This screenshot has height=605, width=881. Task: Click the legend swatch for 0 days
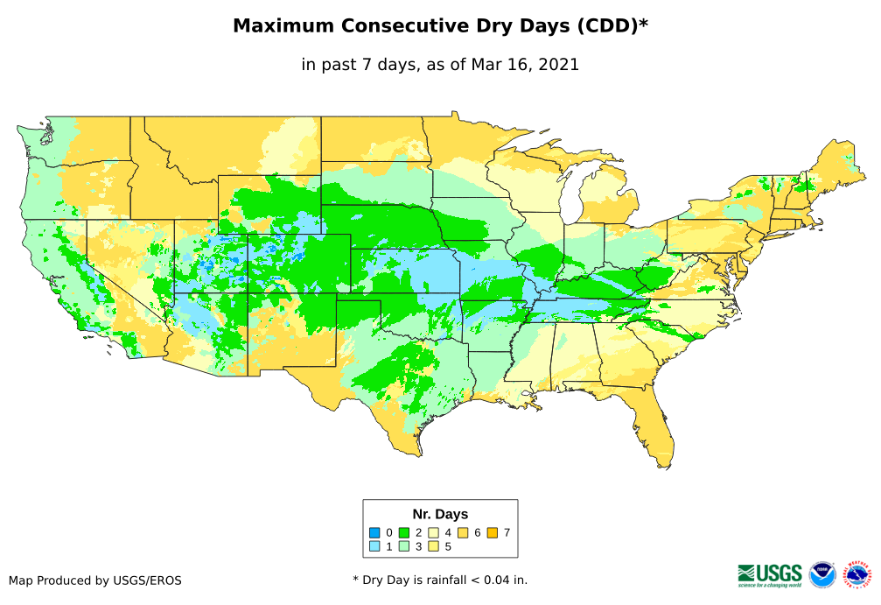(x=374, y=532)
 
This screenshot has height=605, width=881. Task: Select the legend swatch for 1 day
(x=374, y=547)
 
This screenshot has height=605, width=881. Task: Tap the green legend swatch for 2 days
(x=404, y=532)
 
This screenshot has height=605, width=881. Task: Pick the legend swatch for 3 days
(x=404, y=547)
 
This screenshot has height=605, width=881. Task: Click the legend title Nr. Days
(x=440, y=514)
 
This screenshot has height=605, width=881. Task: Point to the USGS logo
(x=770, y=574)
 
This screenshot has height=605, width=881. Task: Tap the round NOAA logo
(x=822, y=574)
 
